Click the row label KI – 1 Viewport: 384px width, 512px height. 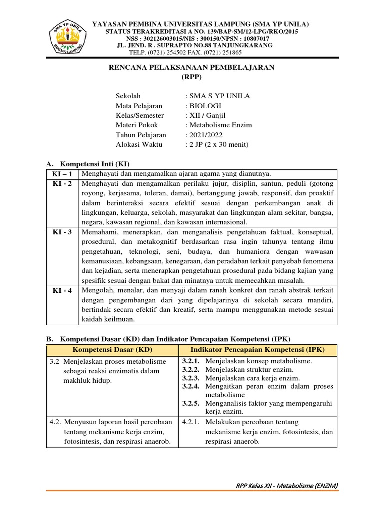tap(62, 174)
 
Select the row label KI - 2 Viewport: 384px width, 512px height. tap(62, 183)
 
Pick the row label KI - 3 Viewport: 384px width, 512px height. tap(62, 232)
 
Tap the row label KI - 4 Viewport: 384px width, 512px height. tap(62, 290)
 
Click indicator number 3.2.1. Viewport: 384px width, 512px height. tap(191, 361)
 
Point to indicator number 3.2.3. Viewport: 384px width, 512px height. tap(191, 378)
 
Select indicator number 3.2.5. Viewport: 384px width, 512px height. tap(191, 403)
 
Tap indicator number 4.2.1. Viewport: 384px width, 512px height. tap(191, 422)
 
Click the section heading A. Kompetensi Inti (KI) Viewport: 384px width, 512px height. tap(88, 164)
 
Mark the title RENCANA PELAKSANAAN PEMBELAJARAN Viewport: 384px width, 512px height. tap(192, 68)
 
